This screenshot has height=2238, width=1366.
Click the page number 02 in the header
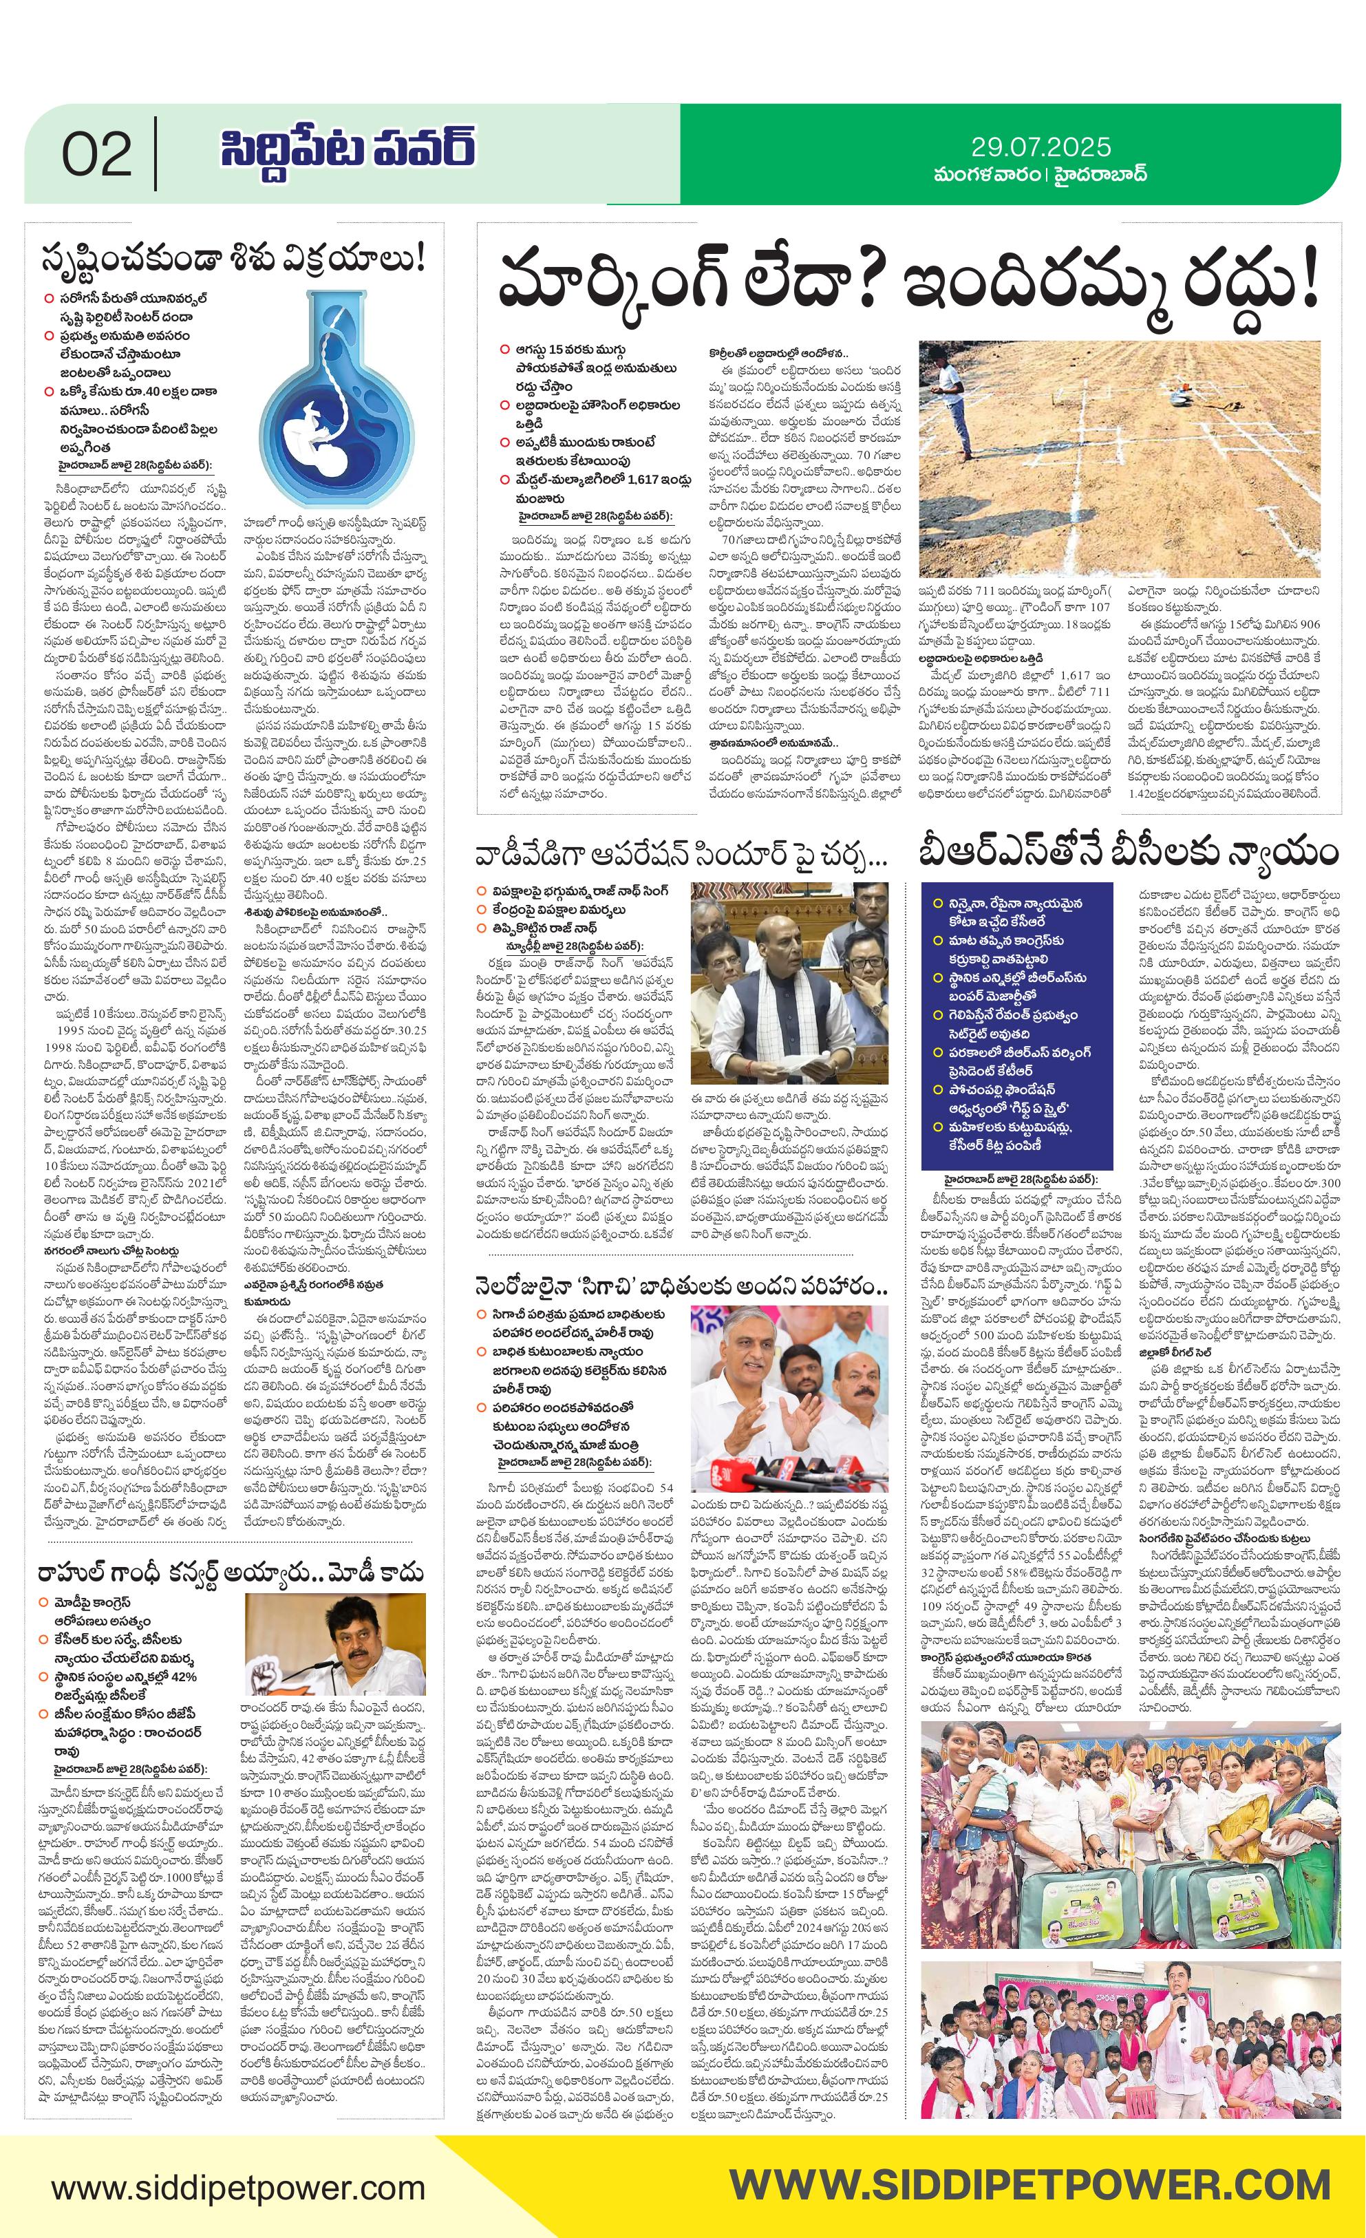[x=96, y=156]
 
